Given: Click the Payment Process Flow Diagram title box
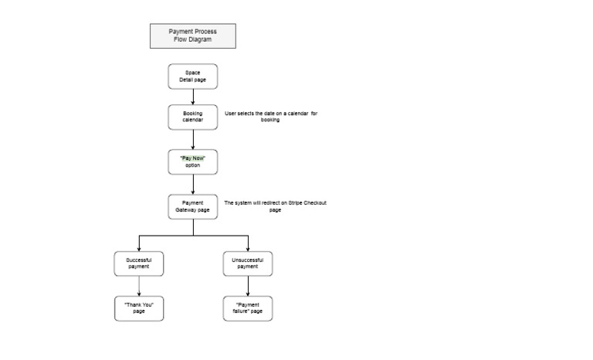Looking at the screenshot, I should click(x=192, y=36).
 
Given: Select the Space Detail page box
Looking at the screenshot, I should click(x=192, y=76).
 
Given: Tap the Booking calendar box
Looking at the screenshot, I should click(x=192, y=117).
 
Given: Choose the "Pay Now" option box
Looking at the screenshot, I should click(x=192, y=161).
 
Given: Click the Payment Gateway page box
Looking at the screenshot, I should click(x=192, y=206).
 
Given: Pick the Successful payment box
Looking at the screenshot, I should click(x=139, y=263).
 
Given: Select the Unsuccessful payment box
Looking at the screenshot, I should click(x=247, y=263).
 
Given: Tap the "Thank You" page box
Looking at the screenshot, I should click(x=139, y=308).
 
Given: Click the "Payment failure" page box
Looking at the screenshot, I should click(x=247, y=308).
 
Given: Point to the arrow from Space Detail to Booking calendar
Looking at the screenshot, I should click(x=192, y=97).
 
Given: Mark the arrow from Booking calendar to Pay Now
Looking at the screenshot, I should click(x=192, y=139).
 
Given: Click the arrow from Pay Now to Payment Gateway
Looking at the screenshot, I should click(x=192, y=184).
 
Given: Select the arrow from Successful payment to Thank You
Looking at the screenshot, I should click(x=139, y=286).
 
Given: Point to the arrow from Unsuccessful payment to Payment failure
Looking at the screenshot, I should click(x=247, y=286).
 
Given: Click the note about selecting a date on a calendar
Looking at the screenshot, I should click(x=271, y=117).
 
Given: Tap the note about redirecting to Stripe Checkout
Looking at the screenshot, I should click(x=275, y=206).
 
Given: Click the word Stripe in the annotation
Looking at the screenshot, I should click(x=294, y=202).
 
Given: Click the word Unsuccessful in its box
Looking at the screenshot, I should click(x=247, y=260).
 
